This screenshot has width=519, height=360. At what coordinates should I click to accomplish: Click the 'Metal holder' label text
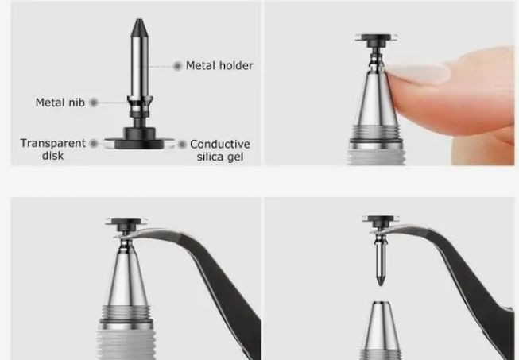219,65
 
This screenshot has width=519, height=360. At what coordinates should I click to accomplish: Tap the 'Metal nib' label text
60,103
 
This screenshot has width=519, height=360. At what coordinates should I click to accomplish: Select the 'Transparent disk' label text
53,149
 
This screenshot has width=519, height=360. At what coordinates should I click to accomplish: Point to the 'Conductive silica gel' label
220,150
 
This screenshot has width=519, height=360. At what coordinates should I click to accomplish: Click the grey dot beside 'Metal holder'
177,66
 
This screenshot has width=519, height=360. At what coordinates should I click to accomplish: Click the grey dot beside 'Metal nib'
94,103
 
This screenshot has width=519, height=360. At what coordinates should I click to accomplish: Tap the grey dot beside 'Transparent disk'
94,144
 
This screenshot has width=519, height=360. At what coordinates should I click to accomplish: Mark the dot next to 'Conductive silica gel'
182,145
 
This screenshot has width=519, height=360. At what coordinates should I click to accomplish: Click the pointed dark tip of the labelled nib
139,27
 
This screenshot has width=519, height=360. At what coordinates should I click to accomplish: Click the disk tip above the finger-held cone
376,37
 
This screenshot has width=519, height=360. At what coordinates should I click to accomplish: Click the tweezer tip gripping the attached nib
123,236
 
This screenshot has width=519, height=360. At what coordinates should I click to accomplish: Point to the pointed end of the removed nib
381,281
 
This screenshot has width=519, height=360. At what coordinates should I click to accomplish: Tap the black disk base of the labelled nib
139,141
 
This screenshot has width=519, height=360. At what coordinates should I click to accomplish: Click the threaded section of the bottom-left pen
126,312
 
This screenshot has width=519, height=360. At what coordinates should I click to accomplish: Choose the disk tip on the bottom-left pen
126,222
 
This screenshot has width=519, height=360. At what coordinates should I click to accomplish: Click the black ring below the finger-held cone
376,141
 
